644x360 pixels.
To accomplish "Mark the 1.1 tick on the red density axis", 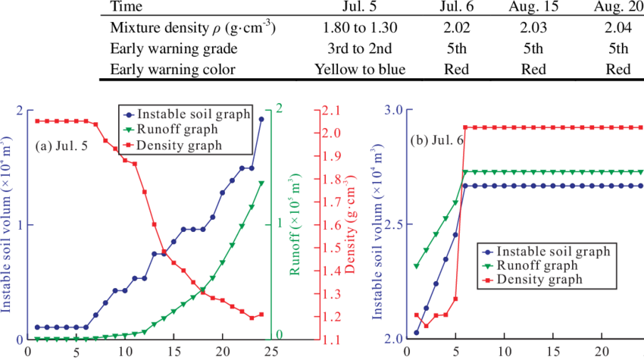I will [x=331, y=340].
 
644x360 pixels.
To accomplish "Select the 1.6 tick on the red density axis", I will [x=331, y=225].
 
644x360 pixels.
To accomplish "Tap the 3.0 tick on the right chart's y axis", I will [x=393, y=110].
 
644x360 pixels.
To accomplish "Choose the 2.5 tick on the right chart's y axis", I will [x=393, y=225].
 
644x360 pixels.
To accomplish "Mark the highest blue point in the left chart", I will [x=261, y=119].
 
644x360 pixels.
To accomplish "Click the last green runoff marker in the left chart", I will [x=261, y=183].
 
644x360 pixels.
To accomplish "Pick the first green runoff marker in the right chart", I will [x=416, y=267].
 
